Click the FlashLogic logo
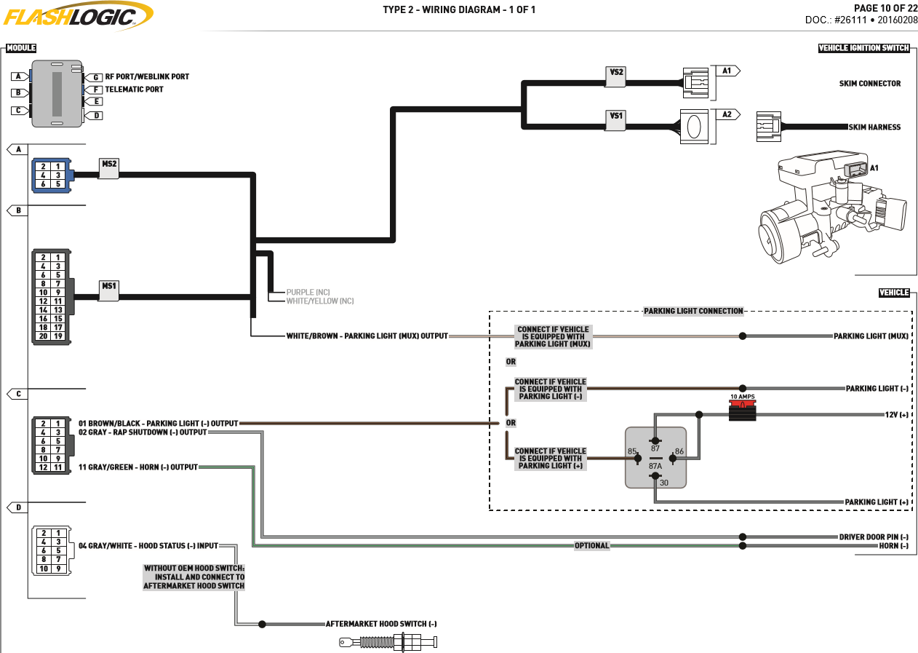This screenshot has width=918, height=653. pyautogui.click(x=78, y=16)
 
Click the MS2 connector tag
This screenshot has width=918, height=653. pyautogui.click(x=109, y=167)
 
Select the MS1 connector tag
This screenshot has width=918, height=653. pyautogui.click(x=109, y=290)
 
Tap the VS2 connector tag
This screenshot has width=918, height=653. pyautogui.click(x=615, y=76)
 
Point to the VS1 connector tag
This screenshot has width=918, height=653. pyautogui.click(x=615, y=120)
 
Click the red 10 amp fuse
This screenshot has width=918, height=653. pyautogui.click(x=742, y=410)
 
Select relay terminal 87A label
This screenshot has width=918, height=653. pyautogui.click(x=655, y=466)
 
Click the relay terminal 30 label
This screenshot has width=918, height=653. pyautogui.click(x=664, y=483)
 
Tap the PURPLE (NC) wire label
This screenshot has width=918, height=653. pyautogui.click(x=308, y=292)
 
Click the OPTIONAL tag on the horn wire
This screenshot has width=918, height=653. pyautogui.click(x=591, y=545)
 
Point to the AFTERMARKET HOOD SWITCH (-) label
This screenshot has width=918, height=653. pyautogui.click(x=381, y=624)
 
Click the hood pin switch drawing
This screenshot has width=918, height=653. pyautogui.click(x=388, y=641)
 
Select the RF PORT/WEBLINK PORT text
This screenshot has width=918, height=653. pyautogui.click(x=147, y=76)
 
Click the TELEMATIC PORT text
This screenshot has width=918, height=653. pyautogui.click(x=134, y=90)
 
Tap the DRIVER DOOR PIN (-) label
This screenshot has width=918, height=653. pyautogui.click(x=874, y=537)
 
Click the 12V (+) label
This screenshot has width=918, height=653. pyautogui.click(x=897, y=415)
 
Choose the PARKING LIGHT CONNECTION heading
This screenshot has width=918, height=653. pyautogui.click(x=693, y=311)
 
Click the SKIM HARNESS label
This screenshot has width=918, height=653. pyautogui.click(x=874, y=127)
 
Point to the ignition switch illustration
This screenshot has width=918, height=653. pyautogui.click(x=832, y=207)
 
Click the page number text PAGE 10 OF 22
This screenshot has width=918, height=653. pyautogui.click(x=885, y=8)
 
